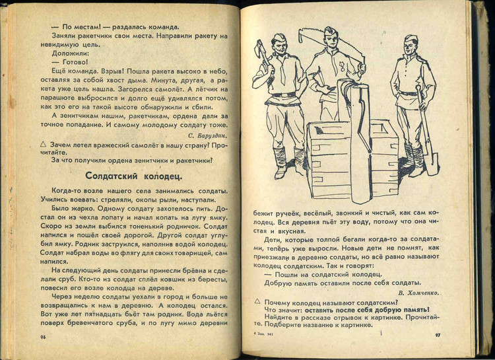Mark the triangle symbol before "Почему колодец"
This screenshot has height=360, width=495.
click(x=259, y=301)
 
